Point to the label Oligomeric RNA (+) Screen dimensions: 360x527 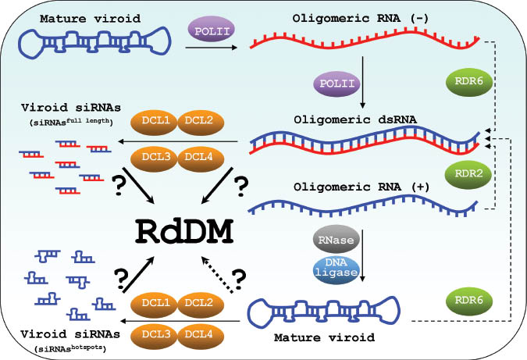(x=353, y=187)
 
